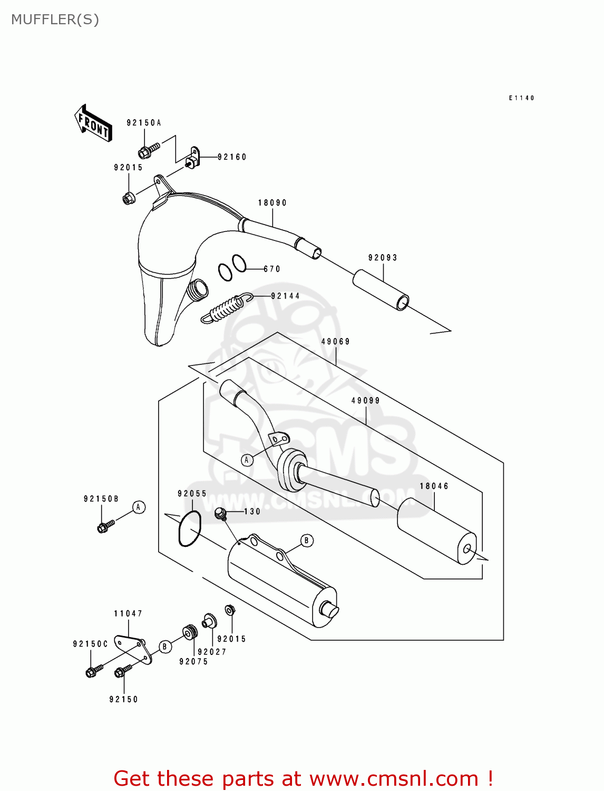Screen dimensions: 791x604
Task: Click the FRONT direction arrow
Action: tap(93, 123)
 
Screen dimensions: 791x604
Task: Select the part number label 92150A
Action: tap(143, 123)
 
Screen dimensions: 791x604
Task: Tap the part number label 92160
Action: tap(232, 157)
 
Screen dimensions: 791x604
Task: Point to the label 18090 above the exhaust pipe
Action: tap(272, 203)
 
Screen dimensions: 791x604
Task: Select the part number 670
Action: tap(272, 269)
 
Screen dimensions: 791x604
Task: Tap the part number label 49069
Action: tap(335, 342)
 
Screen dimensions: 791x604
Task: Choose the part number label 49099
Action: tap(365, 401)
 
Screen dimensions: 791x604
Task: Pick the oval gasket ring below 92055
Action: tap(190, 528)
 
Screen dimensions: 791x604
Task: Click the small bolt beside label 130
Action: tap(220, 513)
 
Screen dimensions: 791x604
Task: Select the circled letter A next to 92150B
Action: tap(139, 507)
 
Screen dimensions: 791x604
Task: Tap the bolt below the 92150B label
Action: tap(105, 526)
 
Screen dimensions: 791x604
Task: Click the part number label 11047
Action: tap(128, 614)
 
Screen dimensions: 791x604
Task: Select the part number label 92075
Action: tap(193, 662)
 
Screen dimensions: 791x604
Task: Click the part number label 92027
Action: tap(212, 652)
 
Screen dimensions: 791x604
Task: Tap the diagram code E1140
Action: tap(521, 98)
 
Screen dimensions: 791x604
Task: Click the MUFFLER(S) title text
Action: tap(55, 20)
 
